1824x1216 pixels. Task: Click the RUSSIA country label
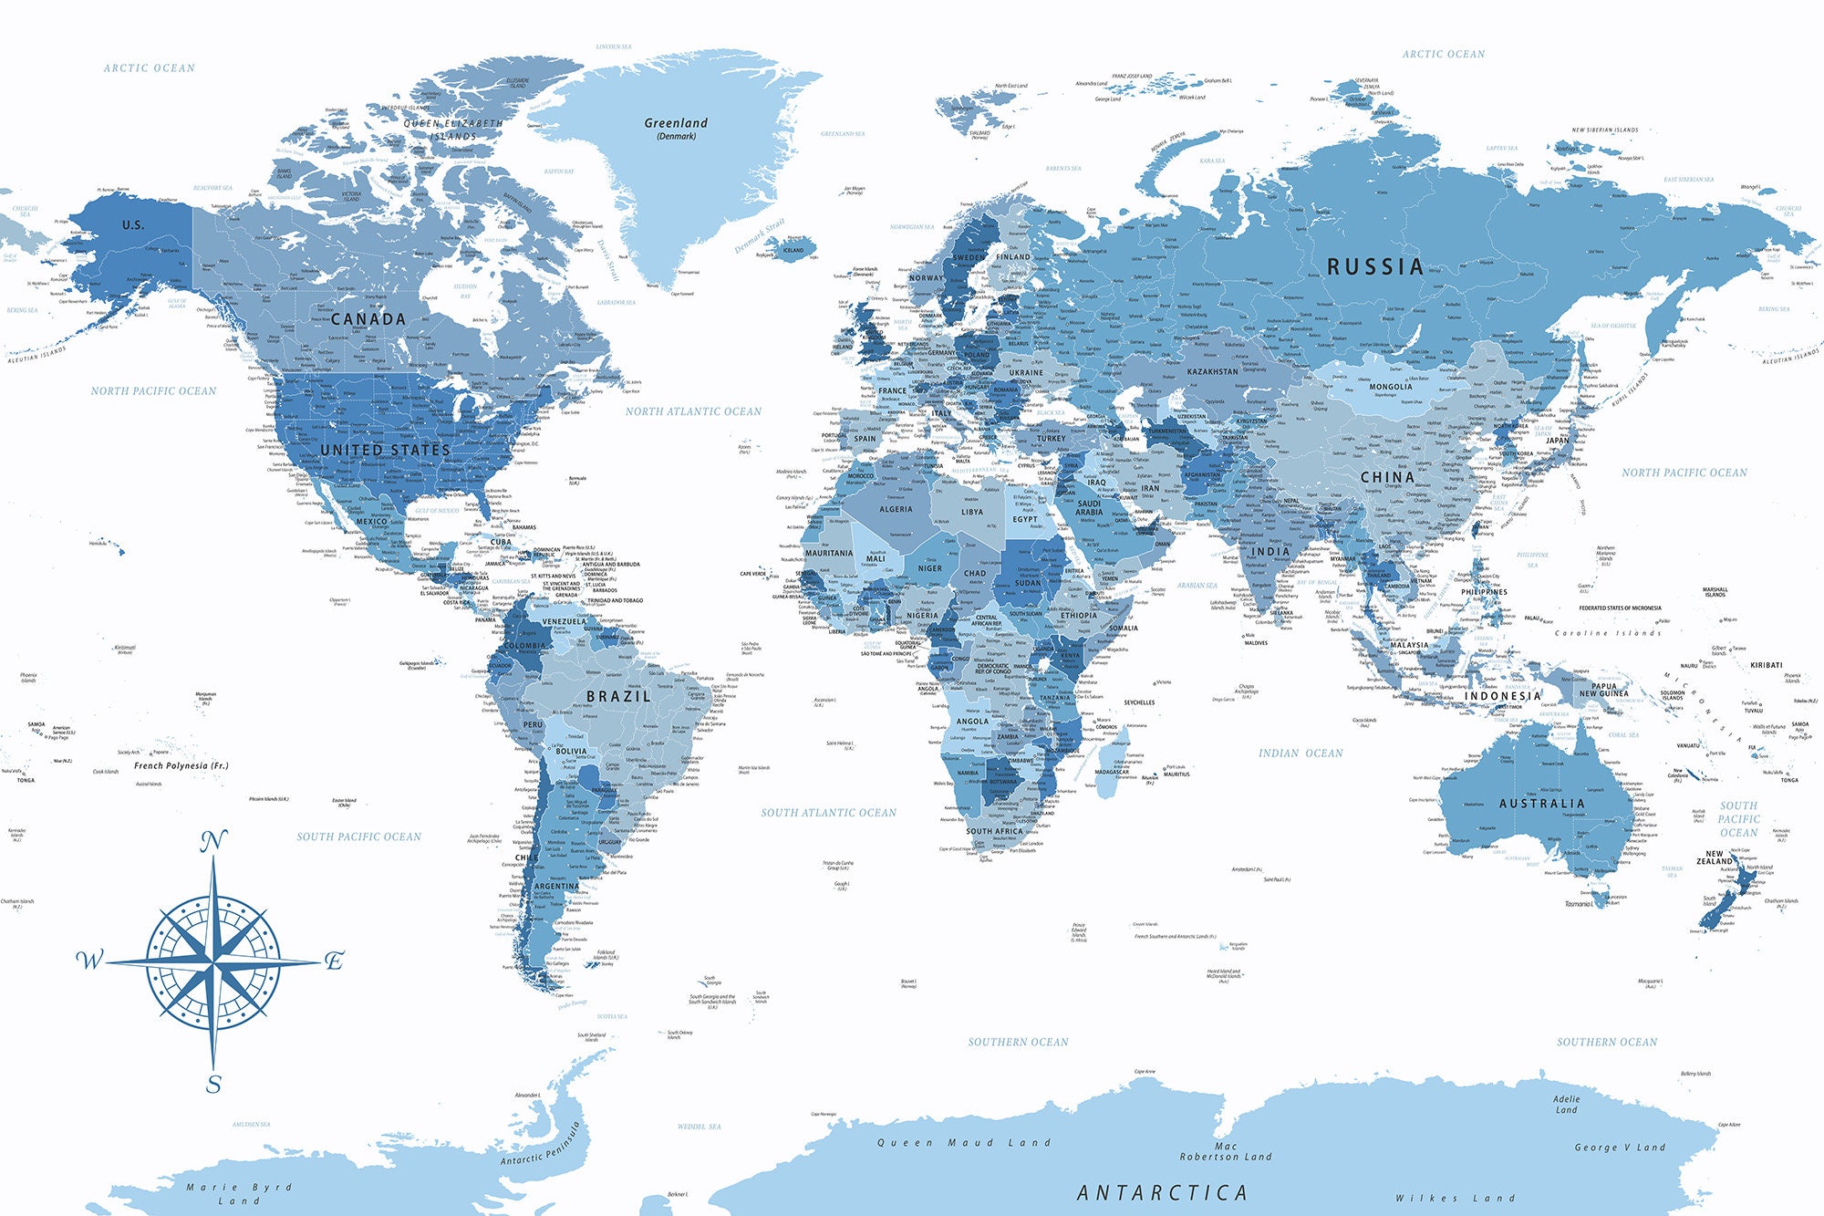pyautogui.click(x=1374, y=267)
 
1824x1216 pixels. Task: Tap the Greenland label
pyautogui.click(x=676, y=124)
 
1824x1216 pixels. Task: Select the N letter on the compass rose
pyautogui.click(x=213, y=842)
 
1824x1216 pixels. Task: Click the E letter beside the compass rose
pyautogui.click(x=335, y=961)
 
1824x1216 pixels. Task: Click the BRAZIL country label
pyautogui.click(x=618, y=696)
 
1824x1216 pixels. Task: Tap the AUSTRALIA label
pyautogui.click(x=1541, y=804)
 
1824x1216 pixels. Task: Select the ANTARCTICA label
pyautogui.click(x=1162, y=1192)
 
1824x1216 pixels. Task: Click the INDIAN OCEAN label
pyautogui.click(x=1301, y=754)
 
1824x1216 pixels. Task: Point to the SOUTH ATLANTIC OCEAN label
pyautogui.click(x=828, y=813)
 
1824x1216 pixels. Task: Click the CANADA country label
pyautogui.click(x=368, y=319)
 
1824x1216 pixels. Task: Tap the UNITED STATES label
pyautogui.click(x=385, y=450)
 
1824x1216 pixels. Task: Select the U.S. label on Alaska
pyautogui.click(x=133, y=225)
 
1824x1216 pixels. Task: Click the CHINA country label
pyautogui.click(x=1387, y=477)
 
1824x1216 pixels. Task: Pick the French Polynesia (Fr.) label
pyautogui.click(x=181, y=766)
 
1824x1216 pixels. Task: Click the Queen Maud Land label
pyautogui.click(x=964, y=1143)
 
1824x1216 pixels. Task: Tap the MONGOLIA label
pyautogui.click(x=1390, y=387)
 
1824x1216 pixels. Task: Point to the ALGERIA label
pyautogui.click(x=896, y=509)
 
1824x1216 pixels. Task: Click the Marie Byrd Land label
pyautogui.click(x=239, y=1193)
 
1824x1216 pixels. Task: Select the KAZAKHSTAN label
pyautogui.click(x=1212, y=372)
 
